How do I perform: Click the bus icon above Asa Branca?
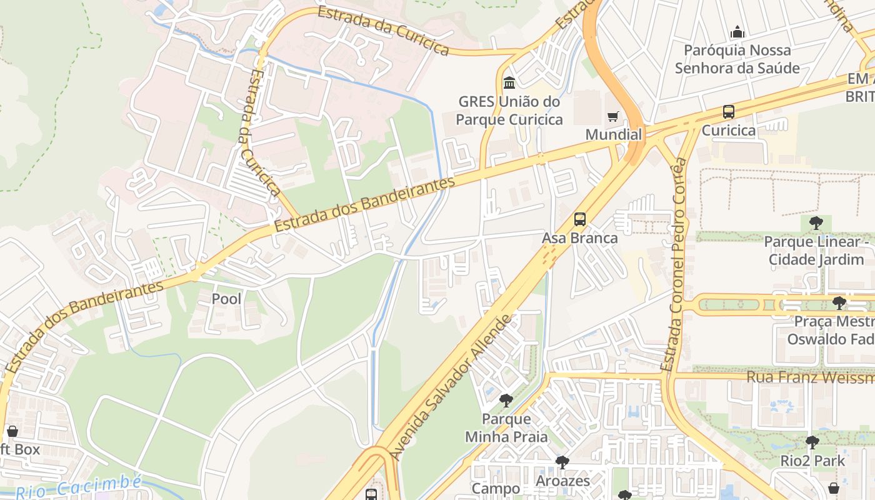[580, 219]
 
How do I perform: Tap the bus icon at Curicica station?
[728, 112]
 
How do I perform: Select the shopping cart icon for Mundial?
[612, 116]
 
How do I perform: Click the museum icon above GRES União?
[509, 82]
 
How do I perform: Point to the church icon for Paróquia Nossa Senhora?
[737, 32]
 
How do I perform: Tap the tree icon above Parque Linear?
[816, 222]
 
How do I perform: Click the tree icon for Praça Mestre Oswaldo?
[839, 303]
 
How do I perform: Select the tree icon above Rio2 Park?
[812, 442]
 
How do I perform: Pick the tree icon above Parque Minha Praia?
[506, 401]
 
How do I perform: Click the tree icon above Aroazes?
[562, 462]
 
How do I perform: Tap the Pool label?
[226, 299]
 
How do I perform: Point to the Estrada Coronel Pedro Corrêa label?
[674, 266]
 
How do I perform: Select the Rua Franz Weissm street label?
[810, 377]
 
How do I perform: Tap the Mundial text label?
[613, 134]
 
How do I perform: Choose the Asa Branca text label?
[579, 238]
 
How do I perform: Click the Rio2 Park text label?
[812, 461]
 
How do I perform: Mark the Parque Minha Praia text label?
[506, 427]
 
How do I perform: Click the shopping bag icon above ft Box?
[12, 431]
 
